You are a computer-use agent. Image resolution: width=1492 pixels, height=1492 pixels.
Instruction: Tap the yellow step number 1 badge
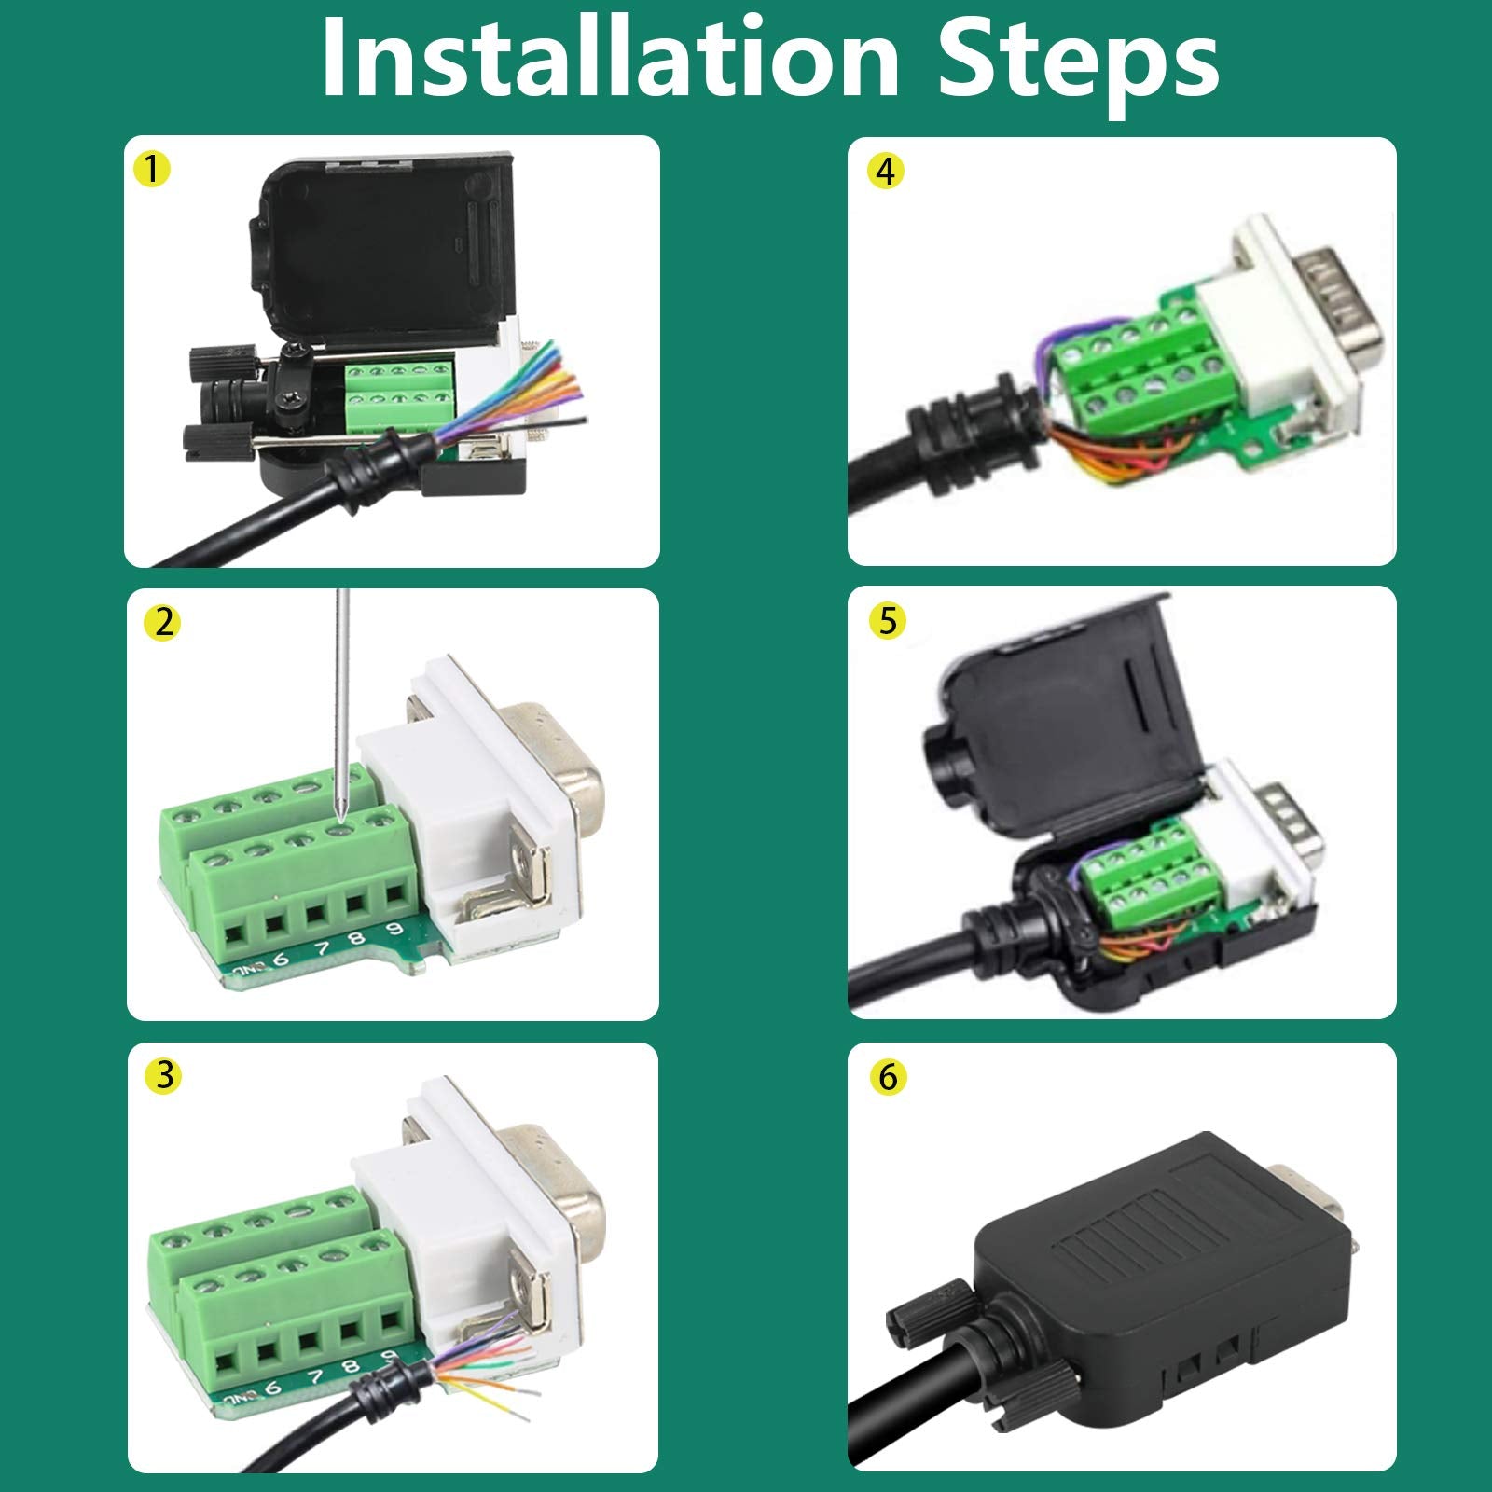152,169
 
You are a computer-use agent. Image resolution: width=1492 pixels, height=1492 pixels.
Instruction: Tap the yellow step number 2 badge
164,622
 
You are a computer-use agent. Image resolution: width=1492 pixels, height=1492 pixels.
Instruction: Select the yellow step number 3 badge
164,1075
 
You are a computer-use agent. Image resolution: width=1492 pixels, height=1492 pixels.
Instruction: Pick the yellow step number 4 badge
886,171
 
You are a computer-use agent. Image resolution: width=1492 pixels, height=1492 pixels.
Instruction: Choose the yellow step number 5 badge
887,620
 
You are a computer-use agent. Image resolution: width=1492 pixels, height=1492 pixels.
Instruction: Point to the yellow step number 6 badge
887,1077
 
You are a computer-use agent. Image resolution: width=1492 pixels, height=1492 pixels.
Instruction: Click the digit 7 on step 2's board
322,949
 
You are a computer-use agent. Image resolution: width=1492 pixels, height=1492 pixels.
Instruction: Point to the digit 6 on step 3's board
272,1388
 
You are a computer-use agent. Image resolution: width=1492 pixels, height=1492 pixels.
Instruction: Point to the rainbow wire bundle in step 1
541,392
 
